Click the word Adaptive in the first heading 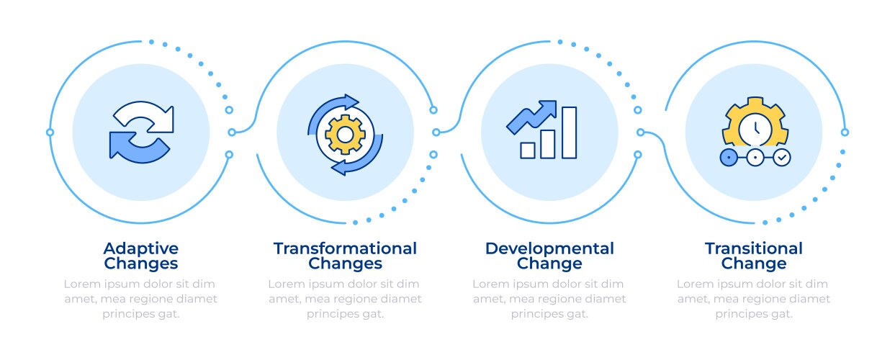click(x=140, y=248)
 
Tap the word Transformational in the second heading click(x=345, y=248)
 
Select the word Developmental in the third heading click(x=549, y=248)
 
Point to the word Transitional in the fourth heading click(x=754, y=248)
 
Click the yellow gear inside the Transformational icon click(x=345, y=135)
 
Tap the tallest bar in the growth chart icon click(x=569, y=132)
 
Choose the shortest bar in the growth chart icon click(x=527, y=150)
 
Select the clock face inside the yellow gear click(x=755, y=130)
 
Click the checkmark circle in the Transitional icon click(x=781, y=158)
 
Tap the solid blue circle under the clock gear click(x=729, y=158)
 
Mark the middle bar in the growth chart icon click(x=548, y=144)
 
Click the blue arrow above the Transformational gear click(x=330, y=112)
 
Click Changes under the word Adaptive click(x=140, y=264)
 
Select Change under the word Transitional click(x=754, y=264)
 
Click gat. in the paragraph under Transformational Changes click(x=373, y=314)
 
